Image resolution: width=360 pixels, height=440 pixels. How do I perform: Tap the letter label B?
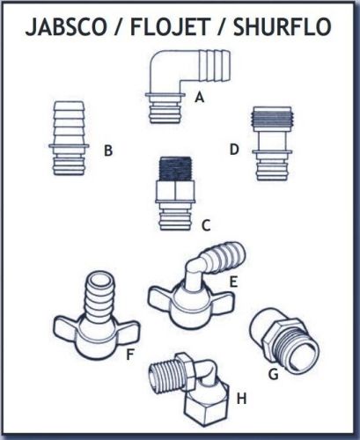coord(108,151)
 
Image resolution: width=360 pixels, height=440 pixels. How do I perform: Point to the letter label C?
coord(205,225)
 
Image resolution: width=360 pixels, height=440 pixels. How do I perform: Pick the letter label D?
coord(234,150)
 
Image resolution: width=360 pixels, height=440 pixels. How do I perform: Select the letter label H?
coord(239,400)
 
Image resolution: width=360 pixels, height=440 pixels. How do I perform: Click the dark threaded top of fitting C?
coord(173,167)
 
